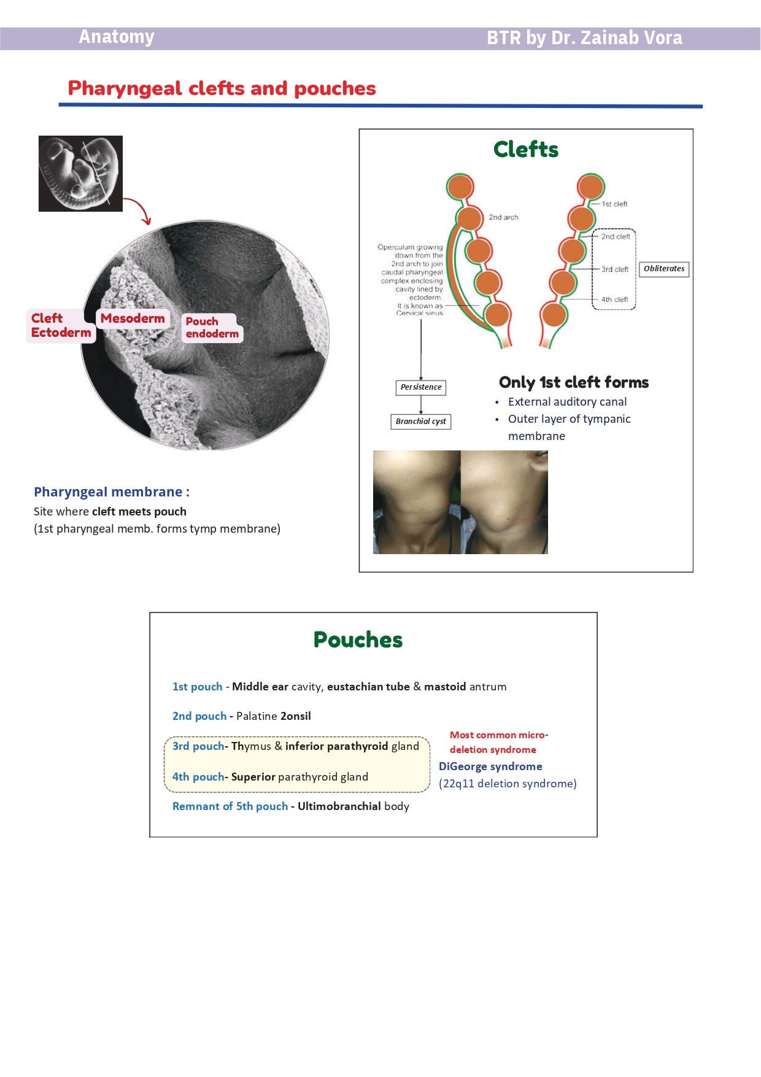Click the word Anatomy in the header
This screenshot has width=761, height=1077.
[117, 37]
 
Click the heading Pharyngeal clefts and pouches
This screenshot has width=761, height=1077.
[222, 88]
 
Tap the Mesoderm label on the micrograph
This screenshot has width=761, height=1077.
[133, 318]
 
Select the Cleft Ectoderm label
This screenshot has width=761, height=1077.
[61, 325]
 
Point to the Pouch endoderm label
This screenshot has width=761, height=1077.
[212, 328]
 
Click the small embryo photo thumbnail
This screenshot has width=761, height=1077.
[80, 174]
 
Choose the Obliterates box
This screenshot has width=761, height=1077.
[664, 269]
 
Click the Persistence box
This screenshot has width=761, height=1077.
[421, 387]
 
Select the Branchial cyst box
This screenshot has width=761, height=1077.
[421, 422]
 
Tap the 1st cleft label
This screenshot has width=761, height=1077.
[614, 204]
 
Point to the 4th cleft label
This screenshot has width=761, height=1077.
[614, 299]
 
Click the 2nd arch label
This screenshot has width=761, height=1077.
[503, 217]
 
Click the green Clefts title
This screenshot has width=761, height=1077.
[526, 150]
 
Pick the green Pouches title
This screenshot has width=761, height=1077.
[358, 640]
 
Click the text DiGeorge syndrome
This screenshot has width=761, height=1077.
[490, 766]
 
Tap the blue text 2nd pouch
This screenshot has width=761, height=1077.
[199, 716]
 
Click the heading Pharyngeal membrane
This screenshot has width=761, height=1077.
[111, 492]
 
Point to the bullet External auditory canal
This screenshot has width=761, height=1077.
[567, 402]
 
